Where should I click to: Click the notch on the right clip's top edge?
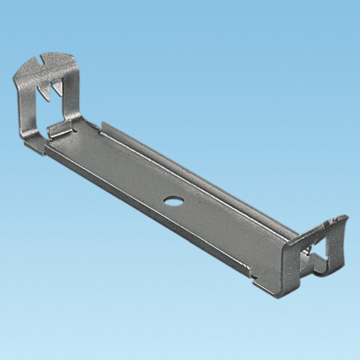point(324,225)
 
